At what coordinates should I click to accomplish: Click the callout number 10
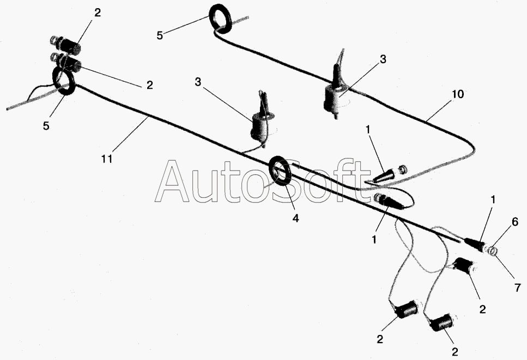click(457, 94)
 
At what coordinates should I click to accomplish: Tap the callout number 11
click(107, 158)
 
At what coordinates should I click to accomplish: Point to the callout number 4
click(295, 218)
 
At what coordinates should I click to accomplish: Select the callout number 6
click(515, 222)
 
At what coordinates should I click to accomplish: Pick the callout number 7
click(518, 288)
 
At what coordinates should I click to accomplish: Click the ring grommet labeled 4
click(280, 170)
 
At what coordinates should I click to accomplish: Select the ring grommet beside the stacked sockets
click(64, 81)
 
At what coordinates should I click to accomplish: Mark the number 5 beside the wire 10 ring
click(160, 35)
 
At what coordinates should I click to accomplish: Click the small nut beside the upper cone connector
click(402, 169)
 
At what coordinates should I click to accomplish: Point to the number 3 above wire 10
click(383, 59)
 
